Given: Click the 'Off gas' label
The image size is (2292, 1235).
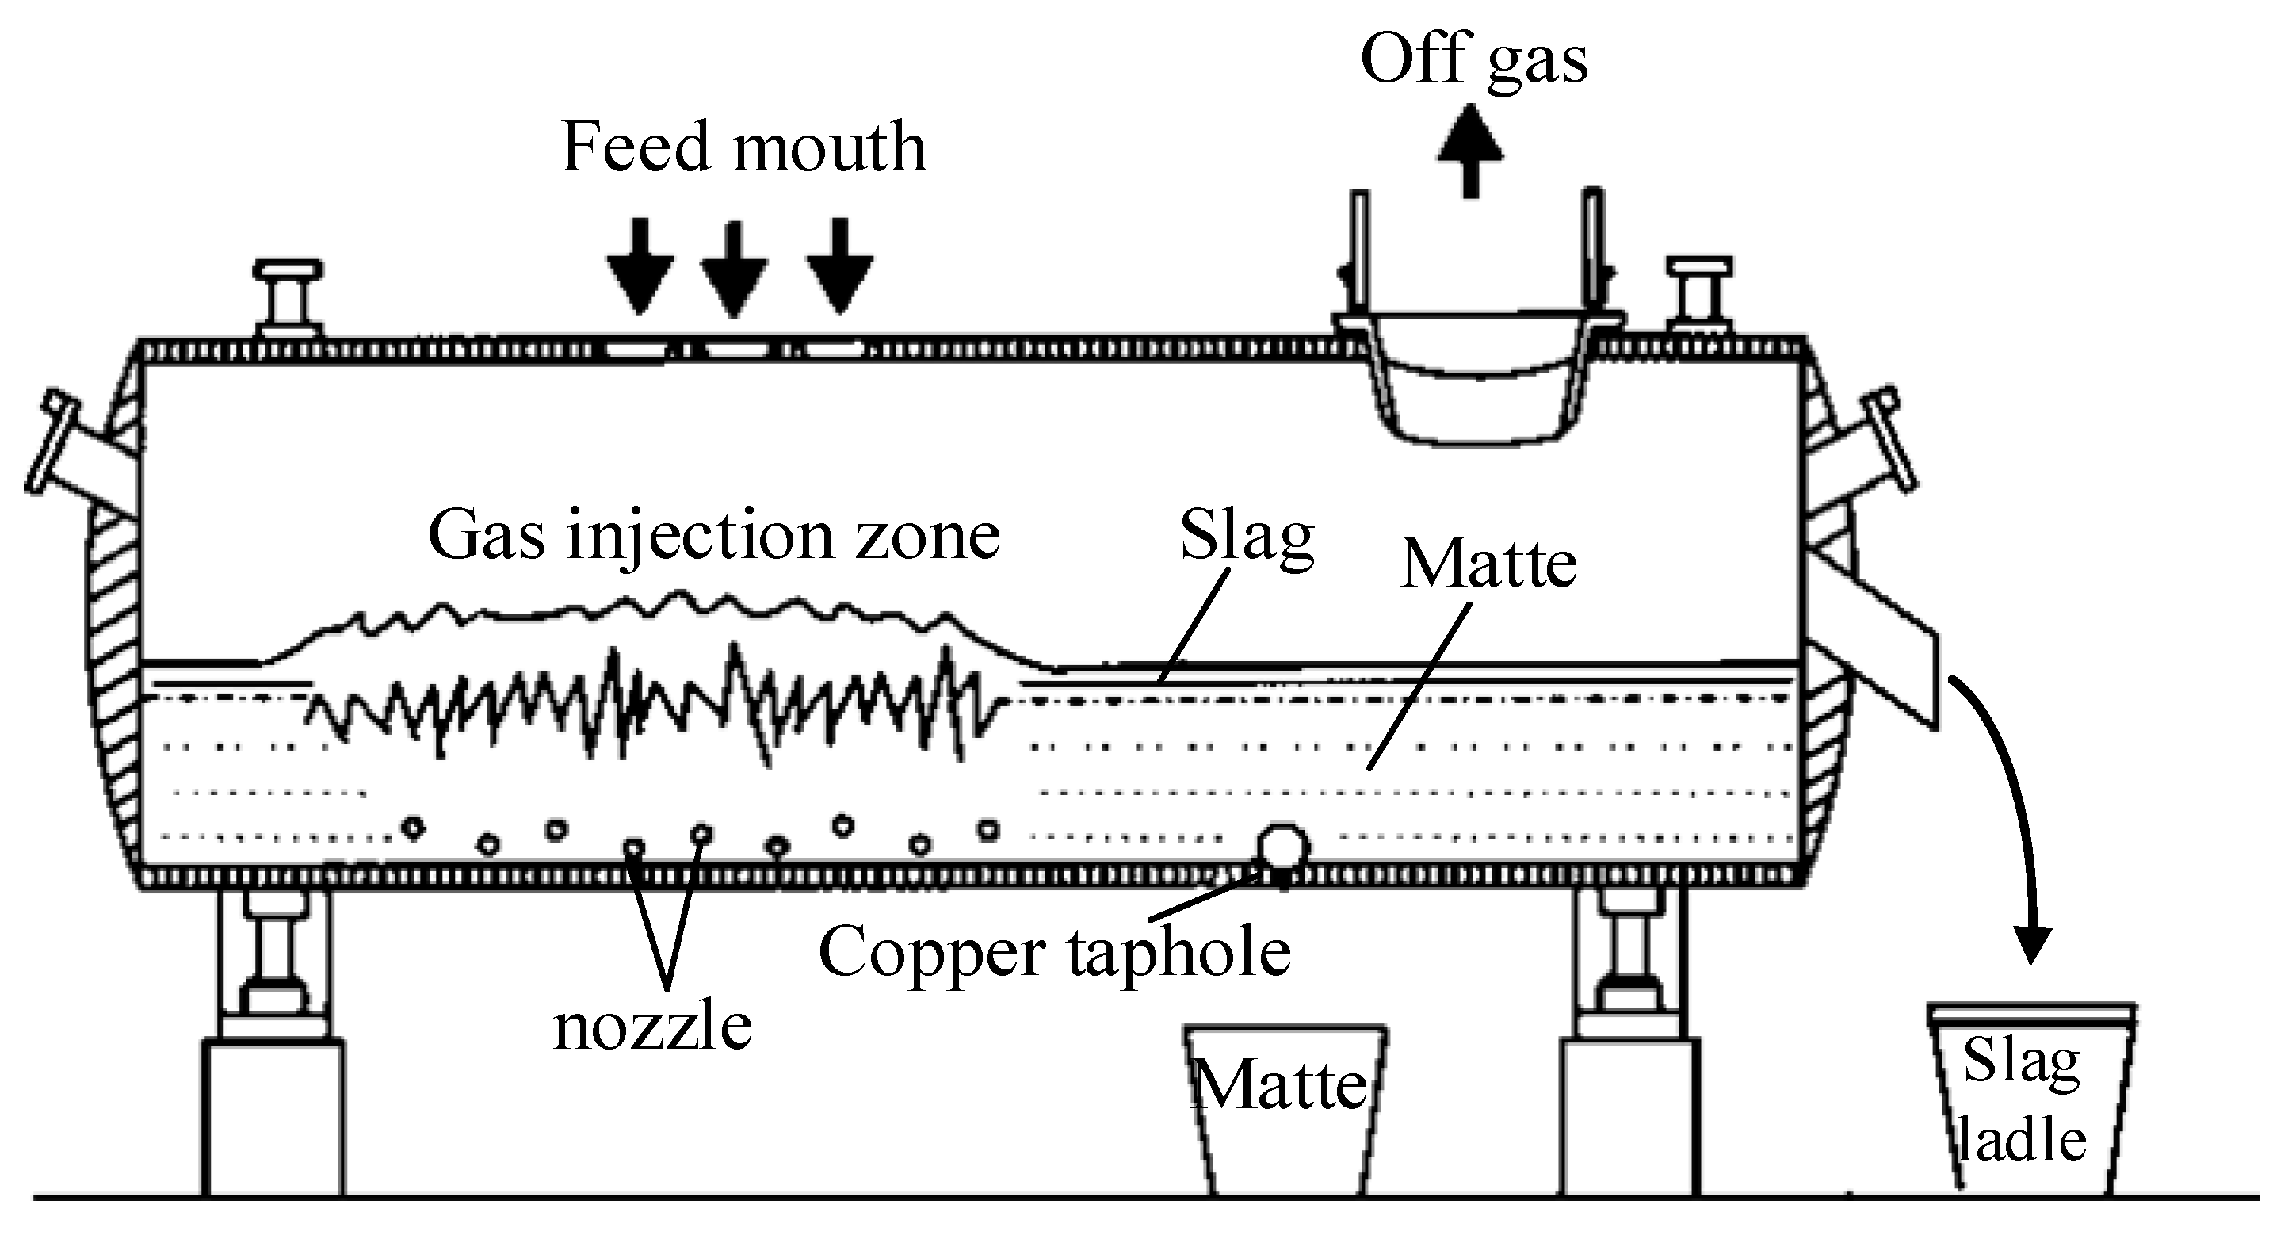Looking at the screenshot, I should (1473, 60).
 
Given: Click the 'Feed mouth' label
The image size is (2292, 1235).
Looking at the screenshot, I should (744, 147).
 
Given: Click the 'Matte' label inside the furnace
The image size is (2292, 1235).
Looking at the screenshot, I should (1488, 564).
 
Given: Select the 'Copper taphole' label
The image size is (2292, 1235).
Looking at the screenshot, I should (1054, 951).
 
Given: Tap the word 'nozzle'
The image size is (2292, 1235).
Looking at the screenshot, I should (652, 1027).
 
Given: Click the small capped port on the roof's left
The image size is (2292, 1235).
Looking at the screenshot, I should (288, 298).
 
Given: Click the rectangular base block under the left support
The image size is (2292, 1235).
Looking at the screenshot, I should (273, 1118).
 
